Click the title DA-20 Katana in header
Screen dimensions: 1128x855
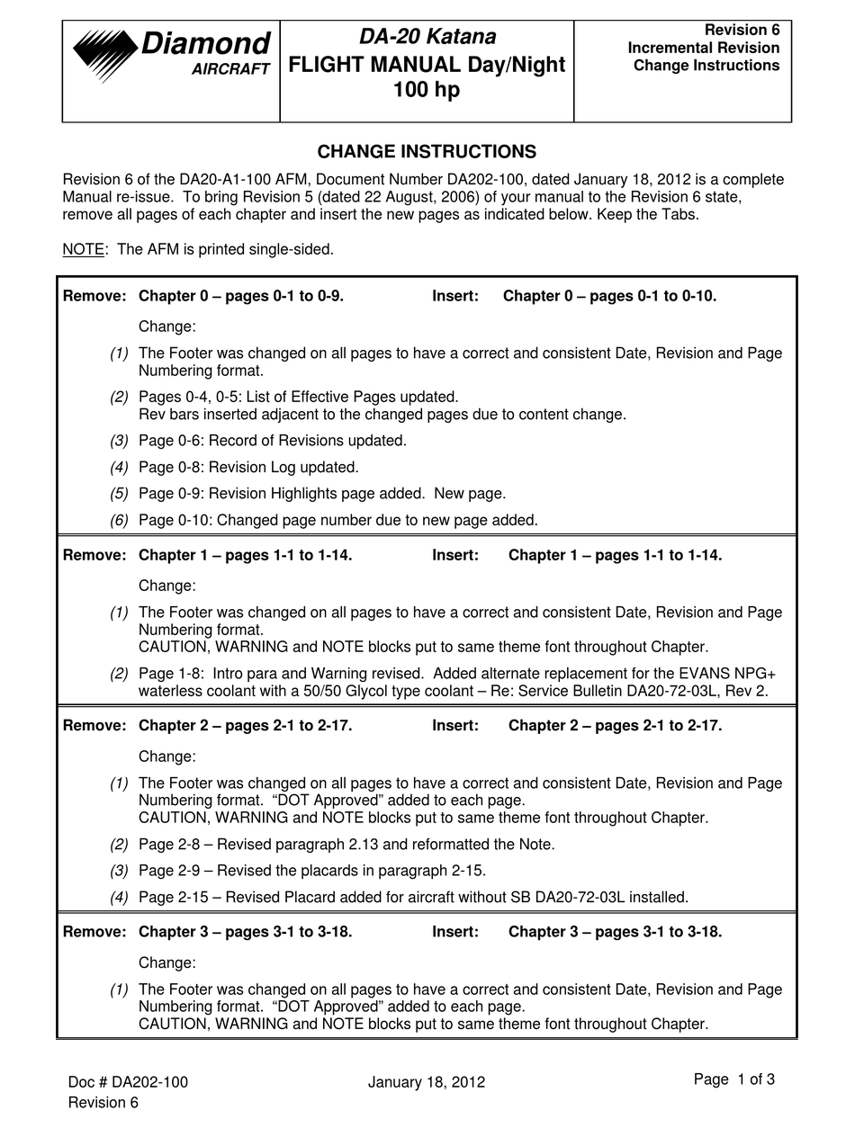(427, 37)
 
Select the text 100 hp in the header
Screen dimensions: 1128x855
(427, 91)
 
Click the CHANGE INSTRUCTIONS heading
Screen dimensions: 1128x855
(427, 151)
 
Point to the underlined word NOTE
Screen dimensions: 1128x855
(83, 249)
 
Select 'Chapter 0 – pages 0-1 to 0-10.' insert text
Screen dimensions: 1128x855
(609, 296)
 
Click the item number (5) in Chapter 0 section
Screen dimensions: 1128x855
(119, 493)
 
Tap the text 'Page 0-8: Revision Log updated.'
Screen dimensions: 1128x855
(248, 467)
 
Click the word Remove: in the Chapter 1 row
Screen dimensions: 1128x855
(94, 555)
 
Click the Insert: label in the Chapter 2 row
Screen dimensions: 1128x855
(454, 725)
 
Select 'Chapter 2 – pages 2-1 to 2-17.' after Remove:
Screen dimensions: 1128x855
(245, 725)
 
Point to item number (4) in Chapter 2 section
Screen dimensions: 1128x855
(119, 897)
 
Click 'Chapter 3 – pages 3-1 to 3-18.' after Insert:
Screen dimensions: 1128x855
(615, 932)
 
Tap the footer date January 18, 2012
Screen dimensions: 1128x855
(426, 1082)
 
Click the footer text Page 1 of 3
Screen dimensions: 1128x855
(733, 1079)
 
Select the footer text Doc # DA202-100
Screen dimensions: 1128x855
(128, 1082)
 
